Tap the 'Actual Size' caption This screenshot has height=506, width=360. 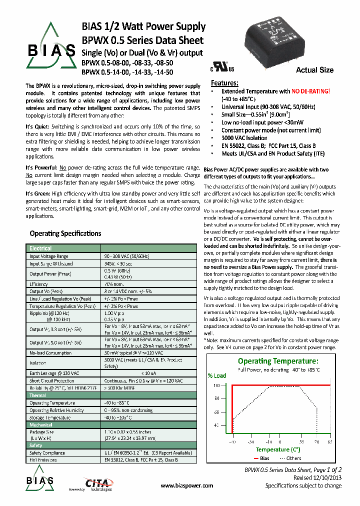(314, 70)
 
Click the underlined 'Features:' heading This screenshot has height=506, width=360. (224, 83)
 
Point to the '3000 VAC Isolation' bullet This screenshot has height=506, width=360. (244, 138)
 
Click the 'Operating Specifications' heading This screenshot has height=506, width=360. (65, 233)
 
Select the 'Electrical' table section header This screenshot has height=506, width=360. (40, 248)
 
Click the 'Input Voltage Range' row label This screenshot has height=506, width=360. (49, 256)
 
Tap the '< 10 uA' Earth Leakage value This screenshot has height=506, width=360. (149, 373)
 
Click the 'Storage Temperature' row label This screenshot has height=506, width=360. (50, 417)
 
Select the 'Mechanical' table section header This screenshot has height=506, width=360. (41, 424)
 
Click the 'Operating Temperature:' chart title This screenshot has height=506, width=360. (277, 361)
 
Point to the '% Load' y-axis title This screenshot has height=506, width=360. (217, 375)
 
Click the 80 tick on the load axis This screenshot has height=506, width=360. (216, 398)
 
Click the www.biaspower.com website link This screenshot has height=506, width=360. (187, 485)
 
